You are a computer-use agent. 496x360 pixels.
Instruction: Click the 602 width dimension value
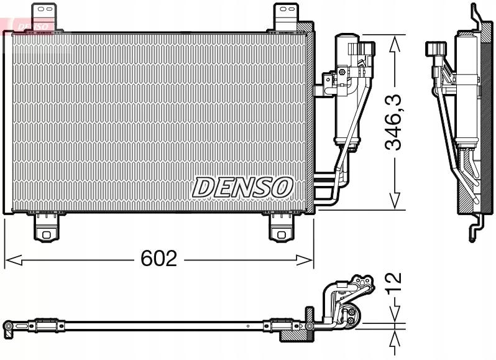(159, 258)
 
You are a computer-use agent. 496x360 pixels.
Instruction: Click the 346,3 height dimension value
(393, 122)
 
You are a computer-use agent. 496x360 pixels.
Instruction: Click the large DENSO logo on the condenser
(242, 187)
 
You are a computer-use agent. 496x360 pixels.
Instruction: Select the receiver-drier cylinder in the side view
(466, 93)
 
